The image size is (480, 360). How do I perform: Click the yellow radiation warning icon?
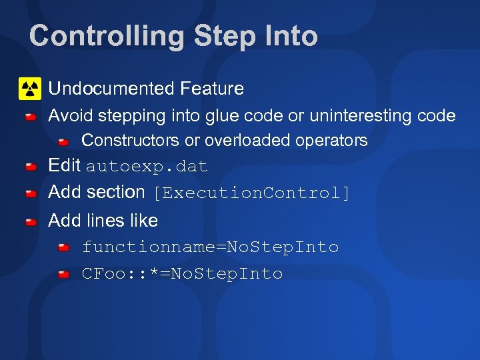point(30,88)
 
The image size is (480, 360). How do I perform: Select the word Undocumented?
point(111,88)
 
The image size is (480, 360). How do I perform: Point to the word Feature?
point(212,88)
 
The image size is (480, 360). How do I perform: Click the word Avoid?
point(71,116)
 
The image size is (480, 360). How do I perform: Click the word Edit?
point(65,165)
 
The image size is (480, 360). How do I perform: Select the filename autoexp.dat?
point(147,167)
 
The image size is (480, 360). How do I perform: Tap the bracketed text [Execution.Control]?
point(251,193)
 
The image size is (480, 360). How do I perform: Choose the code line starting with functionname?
point(210,247)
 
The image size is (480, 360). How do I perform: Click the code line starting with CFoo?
point(182,274)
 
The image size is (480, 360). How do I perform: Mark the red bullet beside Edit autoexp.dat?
point(31,167)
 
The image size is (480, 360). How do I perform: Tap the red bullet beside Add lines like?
point(31,222)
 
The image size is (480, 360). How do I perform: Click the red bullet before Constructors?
point(63,142)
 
